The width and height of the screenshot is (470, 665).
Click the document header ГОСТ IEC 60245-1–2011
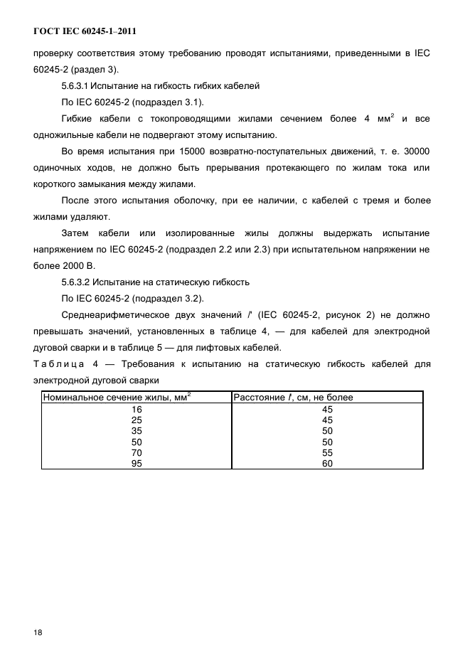85,32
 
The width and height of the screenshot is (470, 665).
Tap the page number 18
38,632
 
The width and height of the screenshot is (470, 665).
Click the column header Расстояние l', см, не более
294,398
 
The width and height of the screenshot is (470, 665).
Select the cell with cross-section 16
137,409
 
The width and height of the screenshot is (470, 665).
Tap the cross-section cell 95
137,463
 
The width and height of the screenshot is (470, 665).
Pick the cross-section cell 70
137,452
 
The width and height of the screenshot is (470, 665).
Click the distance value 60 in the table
327,463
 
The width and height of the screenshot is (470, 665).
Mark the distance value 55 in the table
327,452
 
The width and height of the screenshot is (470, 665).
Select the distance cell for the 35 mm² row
327,431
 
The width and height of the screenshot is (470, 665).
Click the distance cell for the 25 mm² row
327,420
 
